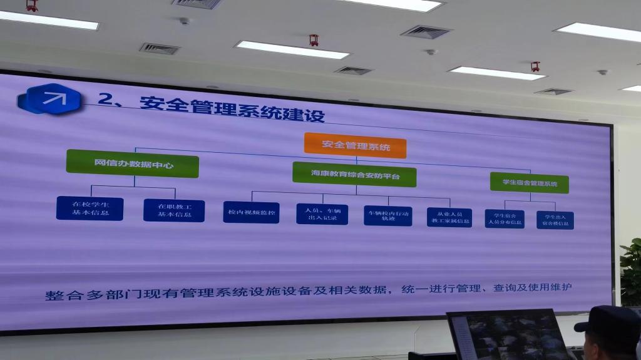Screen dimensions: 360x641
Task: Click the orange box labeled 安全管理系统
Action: click(x=355, y=146)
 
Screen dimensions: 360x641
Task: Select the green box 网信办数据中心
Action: click(x=132, y=163)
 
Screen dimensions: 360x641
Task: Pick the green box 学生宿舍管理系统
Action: click(x=529, y=183)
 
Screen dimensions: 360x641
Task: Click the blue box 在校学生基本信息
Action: click(x=90, y=208)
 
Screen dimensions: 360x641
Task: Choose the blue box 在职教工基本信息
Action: click(x=173, y=210)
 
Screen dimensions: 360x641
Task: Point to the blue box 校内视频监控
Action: click(x=250, y=213)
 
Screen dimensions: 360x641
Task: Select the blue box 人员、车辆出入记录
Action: click(x=322, y=214)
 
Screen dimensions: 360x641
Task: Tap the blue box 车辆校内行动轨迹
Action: click(x=387, y=215)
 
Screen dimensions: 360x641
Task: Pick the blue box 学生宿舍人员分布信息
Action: click(x=505, y=219)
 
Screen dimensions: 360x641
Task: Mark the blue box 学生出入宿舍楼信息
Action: click(x=555, y=220)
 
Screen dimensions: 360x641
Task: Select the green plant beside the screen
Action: click(x=631, y=269)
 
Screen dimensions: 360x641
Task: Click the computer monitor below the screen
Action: click(x=507, y=335)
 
